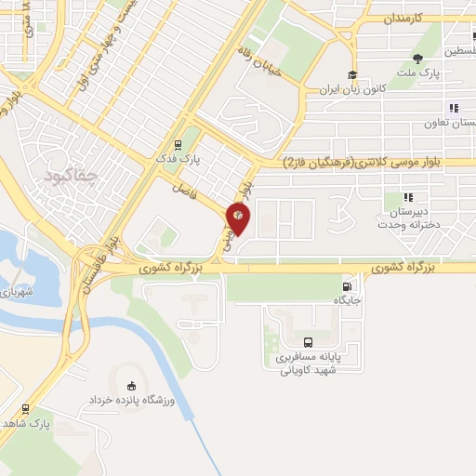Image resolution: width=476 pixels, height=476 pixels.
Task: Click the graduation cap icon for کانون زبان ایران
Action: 352,76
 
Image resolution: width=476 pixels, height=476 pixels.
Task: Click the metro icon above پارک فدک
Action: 178,145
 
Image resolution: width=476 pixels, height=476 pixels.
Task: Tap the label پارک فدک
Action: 197,160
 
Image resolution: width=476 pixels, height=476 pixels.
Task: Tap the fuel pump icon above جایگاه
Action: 348,287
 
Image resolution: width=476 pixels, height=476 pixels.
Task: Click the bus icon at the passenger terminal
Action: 309,342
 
